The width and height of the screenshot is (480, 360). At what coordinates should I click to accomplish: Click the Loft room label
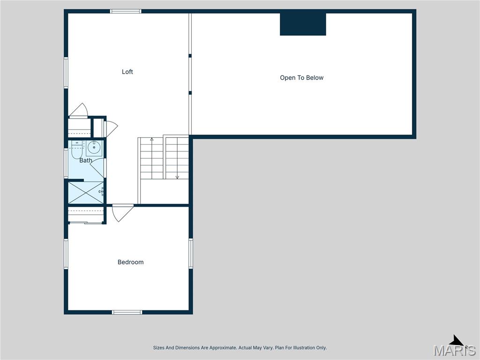[127, 72]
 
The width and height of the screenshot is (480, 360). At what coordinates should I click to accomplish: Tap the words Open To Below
[301, 78]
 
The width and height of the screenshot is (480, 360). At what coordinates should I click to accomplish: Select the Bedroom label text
[130, 262]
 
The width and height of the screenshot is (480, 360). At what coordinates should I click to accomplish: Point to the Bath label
[85, 160]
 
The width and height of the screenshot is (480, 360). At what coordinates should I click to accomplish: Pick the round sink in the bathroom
[94, 148]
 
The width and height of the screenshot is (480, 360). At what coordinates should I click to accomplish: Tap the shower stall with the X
[86, 193]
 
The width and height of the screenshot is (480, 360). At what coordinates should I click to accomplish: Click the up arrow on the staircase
[151, 140]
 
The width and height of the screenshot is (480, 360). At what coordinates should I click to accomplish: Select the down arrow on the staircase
[177, 176]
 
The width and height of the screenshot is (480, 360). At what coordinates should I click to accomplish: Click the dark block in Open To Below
[303, 24]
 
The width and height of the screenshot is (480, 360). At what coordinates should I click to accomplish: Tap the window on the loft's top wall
[126, 11]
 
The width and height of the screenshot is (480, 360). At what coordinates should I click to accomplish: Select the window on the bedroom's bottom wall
[127, 312]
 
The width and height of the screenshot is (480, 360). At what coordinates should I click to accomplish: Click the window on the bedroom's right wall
[191, 254]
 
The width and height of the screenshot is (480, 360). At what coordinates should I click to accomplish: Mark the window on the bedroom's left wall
[66, 254]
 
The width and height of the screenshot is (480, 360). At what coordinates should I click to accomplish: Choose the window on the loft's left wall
[66, 72]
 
